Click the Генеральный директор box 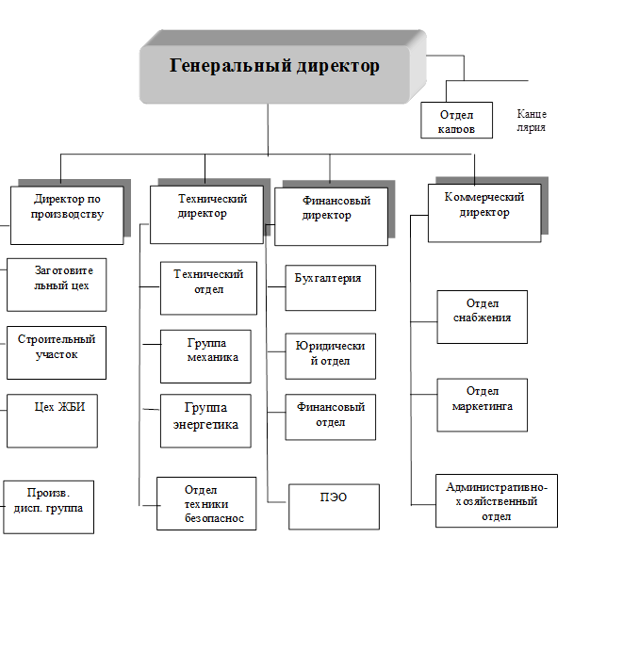pos(274,68)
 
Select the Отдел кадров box pos(456,121)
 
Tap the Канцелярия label pos(532,121)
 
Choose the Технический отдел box pos(208,288)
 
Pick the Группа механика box pos(205,355)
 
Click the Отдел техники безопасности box pos(206,502)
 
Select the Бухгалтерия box pos(330,286)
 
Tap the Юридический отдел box pos(330,354)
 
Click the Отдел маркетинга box pos(482,404)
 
